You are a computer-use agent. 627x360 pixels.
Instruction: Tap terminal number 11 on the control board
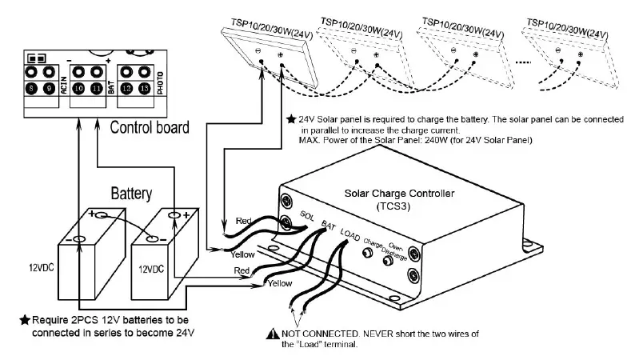point(97,90)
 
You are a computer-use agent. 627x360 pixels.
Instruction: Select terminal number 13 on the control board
point(145,90)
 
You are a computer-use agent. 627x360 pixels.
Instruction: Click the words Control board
point(149,127)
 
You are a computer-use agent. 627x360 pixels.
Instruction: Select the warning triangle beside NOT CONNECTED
point(274,334)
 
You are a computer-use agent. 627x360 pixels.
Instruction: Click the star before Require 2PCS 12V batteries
point(25,320)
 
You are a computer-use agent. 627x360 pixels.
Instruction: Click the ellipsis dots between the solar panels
point(502,61)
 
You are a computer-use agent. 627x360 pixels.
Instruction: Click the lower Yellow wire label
point(279,283)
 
